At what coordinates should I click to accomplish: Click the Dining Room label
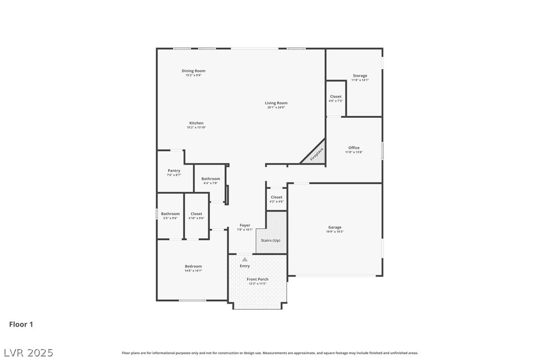193,71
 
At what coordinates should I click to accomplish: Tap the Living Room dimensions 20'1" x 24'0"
276,107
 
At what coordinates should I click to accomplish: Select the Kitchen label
196,123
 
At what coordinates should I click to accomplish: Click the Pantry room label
174,171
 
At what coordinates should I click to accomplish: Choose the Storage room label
360,76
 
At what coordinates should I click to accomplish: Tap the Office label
354,148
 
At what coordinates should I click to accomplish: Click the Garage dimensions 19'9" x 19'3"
335,232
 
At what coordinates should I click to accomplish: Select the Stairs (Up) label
271,241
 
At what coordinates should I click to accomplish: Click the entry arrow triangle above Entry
245,259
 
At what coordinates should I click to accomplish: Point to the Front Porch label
258,279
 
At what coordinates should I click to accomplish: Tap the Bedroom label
193,267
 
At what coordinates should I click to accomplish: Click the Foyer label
245,225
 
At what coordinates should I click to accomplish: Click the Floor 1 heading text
21,324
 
